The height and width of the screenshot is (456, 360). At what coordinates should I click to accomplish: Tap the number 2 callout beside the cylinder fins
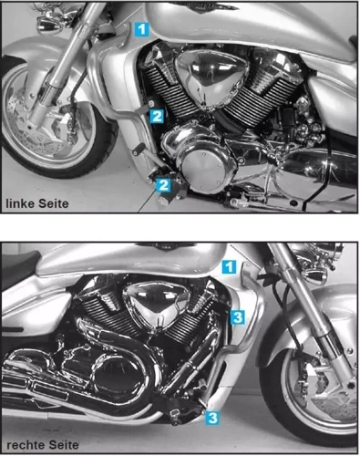click(x=157, y=116)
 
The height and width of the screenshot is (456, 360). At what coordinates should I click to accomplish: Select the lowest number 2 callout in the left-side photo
click(x=164, y=185)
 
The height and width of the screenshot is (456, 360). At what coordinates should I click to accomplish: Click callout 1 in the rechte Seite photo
click(x=231, y=266)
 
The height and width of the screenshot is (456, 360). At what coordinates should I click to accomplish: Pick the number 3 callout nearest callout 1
click(x=236, y=316)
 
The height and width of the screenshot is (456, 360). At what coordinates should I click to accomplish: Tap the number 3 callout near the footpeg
click(x=211, y=418)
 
